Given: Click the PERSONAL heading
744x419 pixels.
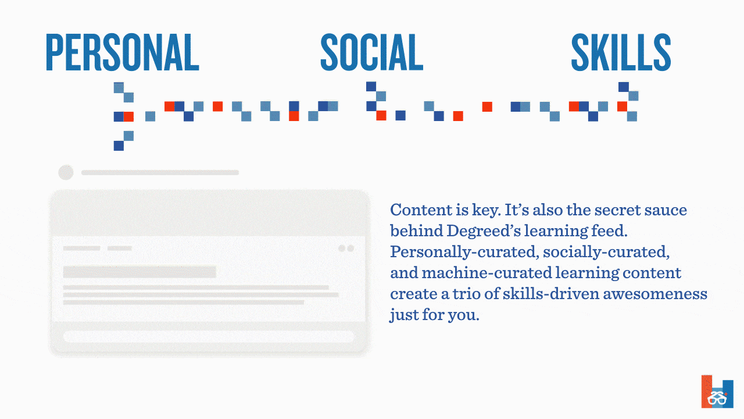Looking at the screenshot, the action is (x=122, y=52).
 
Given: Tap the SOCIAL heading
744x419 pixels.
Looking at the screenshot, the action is (x=371, y=52).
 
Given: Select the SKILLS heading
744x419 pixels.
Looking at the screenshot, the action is (x=621, y=52).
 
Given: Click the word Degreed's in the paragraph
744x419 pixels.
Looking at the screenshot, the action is (x=483, y=231).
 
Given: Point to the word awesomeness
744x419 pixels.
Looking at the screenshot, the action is (x=655, y=294).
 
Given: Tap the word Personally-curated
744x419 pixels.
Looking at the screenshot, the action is (x=464, y=252).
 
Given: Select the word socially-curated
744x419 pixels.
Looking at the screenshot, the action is (x=606, y=252).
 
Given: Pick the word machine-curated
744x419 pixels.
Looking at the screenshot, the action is (x=486, y=273).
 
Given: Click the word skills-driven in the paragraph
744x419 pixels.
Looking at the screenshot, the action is (x=550, y=294).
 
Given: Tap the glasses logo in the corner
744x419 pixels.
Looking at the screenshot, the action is (x=717, y=392).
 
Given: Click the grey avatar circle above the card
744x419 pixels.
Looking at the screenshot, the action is (x=66, y=172).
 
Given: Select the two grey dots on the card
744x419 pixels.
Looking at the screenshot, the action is (x=346, y=248).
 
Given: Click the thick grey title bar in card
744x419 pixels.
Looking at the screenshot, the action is (x=139, y=272).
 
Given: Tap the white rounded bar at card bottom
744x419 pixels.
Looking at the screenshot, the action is (x=209, y=336).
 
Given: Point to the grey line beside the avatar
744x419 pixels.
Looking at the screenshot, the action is (x=160, y=172).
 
